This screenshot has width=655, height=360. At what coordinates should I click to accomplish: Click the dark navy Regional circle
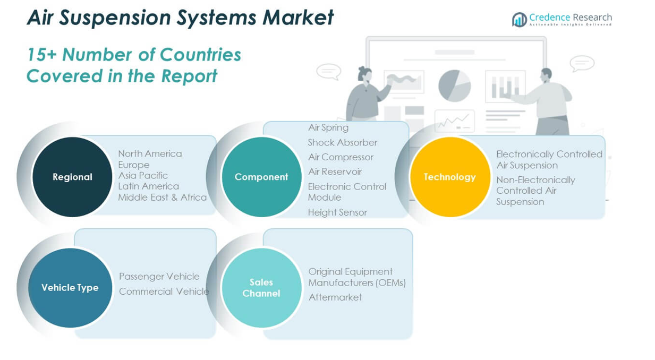[x=72, y=177]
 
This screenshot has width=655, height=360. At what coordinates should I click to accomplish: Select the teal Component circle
[x=261, y=177]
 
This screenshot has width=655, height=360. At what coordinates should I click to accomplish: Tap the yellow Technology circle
[x=450, y=177]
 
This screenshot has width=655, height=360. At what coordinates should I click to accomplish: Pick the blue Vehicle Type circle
[x=70, y=287]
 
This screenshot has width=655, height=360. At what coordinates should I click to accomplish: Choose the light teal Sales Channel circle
[x=261, y=287]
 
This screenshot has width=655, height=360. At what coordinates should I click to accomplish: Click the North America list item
[x=150, y=153]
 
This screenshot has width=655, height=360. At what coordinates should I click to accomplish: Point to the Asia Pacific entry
[x=143, y=175]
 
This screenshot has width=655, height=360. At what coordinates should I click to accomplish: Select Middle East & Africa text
[x=162, y=197]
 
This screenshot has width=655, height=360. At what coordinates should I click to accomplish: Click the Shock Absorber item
[x=343, y=142]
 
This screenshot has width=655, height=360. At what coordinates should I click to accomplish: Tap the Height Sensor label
[x=337, y=212]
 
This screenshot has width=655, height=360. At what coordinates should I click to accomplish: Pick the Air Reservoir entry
[x=335, y=172]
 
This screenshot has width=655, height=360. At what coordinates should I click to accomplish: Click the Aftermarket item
[x=335, y=297]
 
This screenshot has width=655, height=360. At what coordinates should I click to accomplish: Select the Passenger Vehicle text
[x=159, y=276]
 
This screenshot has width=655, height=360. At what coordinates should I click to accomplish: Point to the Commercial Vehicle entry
[x=164, y=291]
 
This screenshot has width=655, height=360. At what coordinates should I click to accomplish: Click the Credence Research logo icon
[x=519, y=20]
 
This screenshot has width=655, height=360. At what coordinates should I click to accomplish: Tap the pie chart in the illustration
[x=455, y=85]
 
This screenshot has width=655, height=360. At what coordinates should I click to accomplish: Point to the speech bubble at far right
[x=582, y=64]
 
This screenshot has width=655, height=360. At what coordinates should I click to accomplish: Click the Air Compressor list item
[x=341, y=157]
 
